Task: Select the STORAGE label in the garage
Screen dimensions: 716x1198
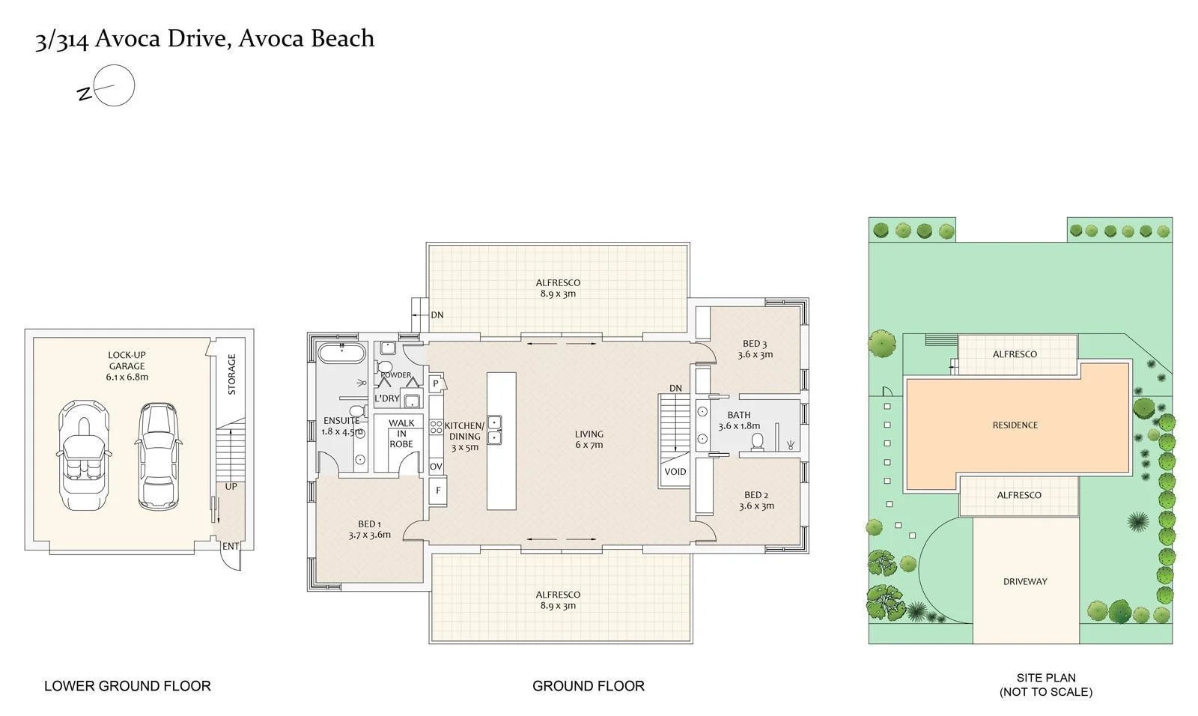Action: pos(231,374)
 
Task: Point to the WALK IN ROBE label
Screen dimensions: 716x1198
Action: pos(401,434)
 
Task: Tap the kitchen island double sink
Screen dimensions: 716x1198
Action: pos(495,430)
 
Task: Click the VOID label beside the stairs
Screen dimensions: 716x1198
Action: pos(675,472)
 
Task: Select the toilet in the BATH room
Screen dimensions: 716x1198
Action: pos(757,440)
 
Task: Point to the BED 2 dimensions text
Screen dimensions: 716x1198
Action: pos(756,506)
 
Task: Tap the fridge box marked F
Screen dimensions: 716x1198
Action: pos(438,492)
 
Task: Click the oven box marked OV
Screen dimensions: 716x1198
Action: pos(437,467)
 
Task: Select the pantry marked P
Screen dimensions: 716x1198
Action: pos(436,383)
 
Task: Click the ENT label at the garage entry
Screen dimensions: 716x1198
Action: pos(231,547)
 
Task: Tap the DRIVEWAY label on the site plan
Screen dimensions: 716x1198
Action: pos(1025,581)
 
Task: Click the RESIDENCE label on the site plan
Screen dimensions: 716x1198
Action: pos(1015,425)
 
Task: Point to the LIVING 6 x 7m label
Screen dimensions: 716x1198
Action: pos(589,440)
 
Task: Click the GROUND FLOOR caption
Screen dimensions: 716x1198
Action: pos(588,685)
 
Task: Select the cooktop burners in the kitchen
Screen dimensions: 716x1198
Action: pos(436,428)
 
